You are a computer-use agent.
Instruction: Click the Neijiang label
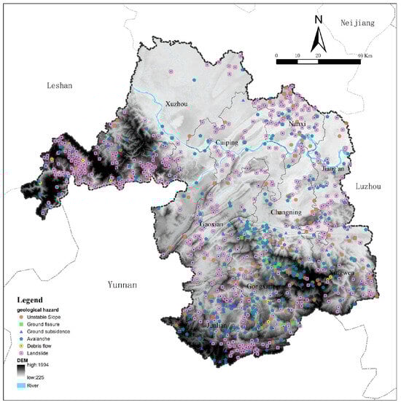pyautogui.click(x=357, y=23)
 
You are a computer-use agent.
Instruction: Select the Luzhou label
pyautogui.click(x=369, y=186)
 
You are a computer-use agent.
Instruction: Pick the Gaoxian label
pyautogui.click(x=211, y=224)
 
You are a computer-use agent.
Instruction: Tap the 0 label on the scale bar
pyautogui.click(x=277, y=55)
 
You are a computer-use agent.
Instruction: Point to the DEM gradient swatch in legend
pyautogui.click(x=21, y=371)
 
